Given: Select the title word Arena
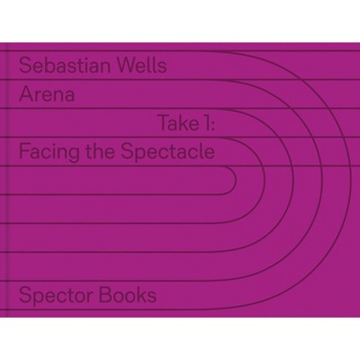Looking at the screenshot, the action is point(47,94).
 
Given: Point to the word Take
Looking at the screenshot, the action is point(177,123).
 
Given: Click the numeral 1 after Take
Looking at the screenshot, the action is point(204,123).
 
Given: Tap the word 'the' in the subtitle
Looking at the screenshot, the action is point(101,152).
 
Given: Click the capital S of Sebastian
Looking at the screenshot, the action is point(24,66).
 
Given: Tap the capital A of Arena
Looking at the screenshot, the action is point(25,94).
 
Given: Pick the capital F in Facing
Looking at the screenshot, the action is point(24,152).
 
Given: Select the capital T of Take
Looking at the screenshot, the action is point(164,123).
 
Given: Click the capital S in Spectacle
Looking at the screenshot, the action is point(126,152).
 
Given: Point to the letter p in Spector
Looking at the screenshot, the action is point(38,299).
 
